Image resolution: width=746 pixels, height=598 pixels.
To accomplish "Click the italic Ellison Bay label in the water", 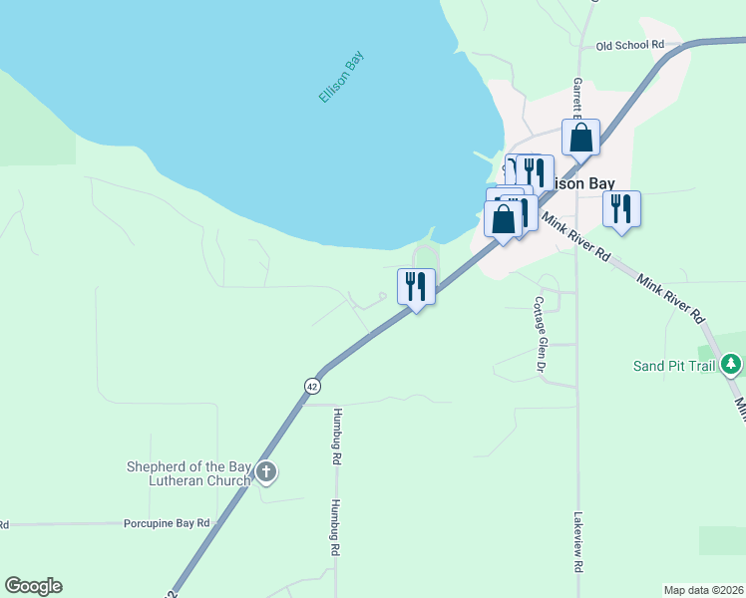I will pos(342,77).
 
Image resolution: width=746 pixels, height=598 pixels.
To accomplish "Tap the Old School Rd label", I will pos(629,45).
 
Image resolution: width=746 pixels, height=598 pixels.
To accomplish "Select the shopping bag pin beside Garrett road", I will pos(580,139).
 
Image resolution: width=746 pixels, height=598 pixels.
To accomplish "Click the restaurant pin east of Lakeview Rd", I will pos(621,209).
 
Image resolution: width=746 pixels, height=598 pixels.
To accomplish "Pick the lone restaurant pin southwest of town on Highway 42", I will pos(417,287).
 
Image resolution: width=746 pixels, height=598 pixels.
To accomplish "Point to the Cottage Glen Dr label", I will pos(540,335).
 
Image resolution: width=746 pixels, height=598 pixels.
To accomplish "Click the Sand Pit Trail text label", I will pos(674,366).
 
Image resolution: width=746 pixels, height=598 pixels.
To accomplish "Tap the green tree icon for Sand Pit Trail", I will pos(732,364).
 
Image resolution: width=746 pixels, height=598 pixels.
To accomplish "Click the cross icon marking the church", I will pos(265,471).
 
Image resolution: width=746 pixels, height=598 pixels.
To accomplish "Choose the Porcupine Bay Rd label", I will pos(167,522).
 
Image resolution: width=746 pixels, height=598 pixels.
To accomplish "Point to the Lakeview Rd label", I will pos(577,542).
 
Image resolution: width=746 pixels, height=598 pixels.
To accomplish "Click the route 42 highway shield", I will pos(313,386).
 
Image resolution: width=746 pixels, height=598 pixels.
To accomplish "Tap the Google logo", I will pos(33,586).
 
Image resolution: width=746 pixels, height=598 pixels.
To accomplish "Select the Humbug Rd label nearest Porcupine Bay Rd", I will pos(336,527).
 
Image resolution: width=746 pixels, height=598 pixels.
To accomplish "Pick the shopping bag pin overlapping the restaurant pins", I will pos(504,219).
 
